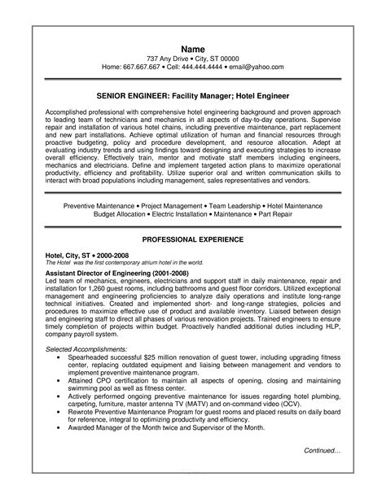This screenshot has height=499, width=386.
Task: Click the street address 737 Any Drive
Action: [170, 59]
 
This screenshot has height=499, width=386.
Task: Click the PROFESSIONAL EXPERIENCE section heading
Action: [193, 240]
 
